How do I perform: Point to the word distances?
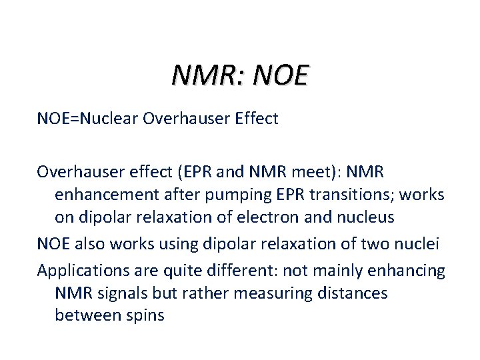pos(355,293)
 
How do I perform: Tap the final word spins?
pos(143,315)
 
